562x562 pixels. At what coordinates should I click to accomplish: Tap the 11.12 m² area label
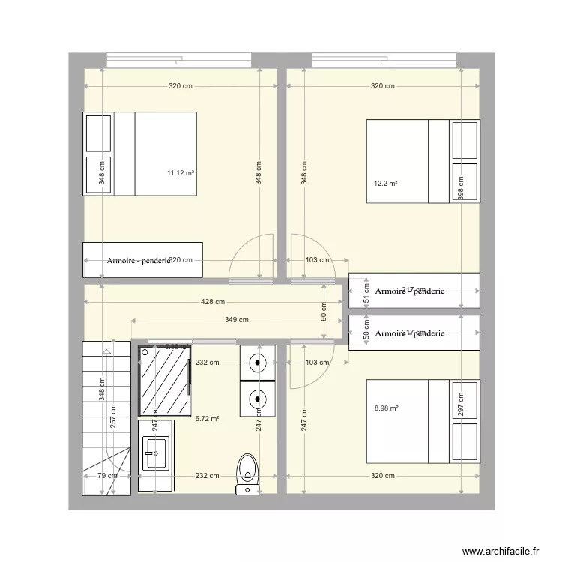pyautogui.click(x=181, y=173)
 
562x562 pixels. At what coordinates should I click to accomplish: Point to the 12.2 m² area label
pyautogui.click(x=385, y=184)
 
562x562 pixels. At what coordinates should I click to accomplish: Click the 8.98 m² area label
pyautogui.click(x=386, y=408)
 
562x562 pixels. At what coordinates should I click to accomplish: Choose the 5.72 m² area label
pyautogui.click(x=207, y=419)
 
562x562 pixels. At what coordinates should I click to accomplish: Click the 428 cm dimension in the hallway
pyautogui.click(x=212, y=303)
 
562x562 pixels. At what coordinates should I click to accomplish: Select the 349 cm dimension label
pyautogui.click(x=237, y=321)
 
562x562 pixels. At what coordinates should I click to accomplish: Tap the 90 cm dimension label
pyautogui.click(x=324, y=312)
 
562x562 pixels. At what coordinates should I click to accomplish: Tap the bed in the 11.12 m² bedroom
pyautogui.click(x=139, y=154)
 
